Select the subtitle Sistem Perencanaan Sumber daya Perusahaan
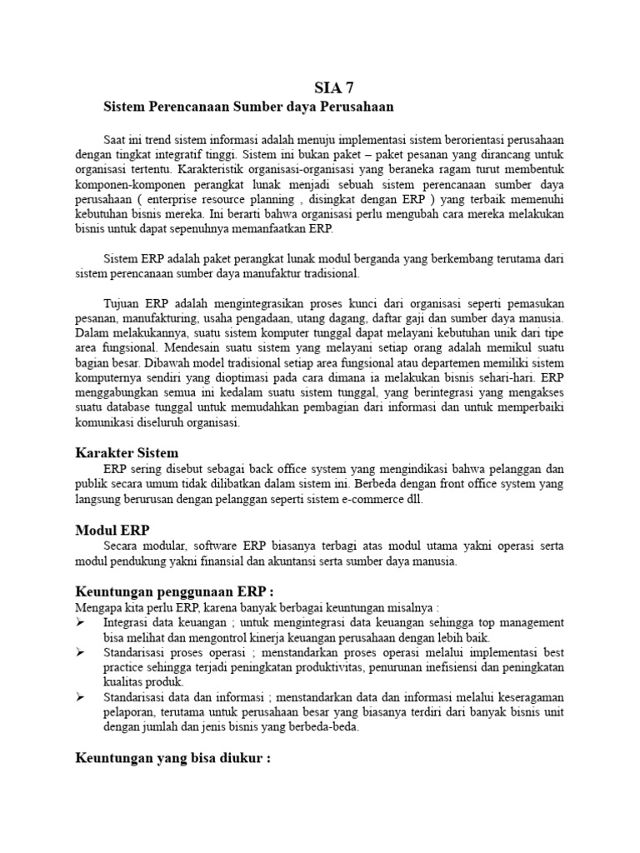(247, 107)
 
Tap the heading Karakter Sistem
(127, 453)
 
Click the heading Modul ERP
(112, 529)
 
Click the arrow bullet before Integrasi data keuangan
(81, 622)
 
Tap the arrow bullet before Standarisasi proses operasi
(81, 652)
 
